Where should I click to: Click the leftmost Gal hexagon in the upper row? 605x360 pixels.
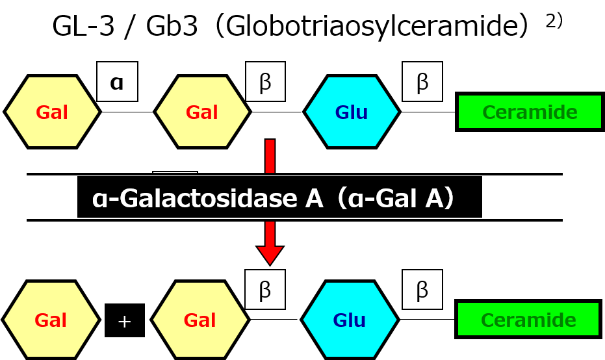click(52, 112)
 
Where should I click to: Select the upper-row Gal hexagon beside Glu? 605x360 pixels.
click(202, 112)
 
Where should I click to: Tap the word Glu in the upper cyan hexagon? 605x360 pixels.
click(352, 112)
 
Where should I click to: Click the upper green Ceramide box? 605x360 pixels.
click(530, 112)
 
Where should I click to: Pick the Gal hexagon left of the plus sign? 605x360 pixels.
click(51, 320)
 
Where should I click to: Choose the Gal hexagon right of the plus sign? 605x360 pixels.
click(200, 320)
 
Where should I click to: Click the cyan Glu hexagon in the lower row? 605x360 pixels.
click(350, 320)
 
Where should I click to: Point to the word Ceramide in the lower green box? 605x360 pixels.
click(528, 320)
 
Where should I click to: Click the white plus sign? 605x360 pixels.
click(124, 322)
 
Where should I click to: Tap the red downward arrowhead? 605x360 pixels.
click(270, 254)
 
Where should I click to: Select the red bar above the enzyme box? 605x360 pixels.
click(270, 156)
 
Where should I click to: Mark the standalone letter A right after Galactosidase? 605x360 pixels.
click(314, 199)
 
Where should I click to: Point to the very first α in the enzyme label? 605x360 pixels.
click(98, 200)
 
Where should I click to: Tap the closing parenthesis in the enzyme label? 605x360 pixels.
click(448, 199)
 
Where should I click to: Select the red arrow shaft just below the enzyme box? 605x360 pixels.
click(270, 233)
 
